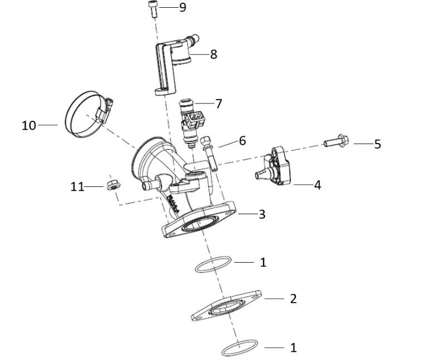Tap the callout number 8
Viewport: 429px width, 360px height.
point(214,54)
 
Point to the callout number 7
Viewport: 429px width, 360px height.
point(219,103)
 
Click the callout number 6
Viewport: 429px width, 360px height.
point(242,141)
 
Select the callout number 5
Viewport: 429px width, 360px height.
point(377,144)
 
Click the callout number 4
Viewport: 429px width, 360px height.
point(317,185)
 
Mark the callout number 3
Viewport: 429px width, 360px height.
point(262,214)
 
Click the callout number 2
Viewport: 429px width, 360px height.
point(293,298)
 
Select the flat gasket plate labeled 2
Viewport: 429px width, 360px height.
point(226,306)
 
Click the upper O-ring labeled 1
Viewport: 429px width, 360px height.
point(214,264)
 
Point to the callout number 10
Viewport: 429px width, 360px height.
point(28,126)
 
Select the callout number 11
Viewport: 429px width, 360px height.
point(77,187)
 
